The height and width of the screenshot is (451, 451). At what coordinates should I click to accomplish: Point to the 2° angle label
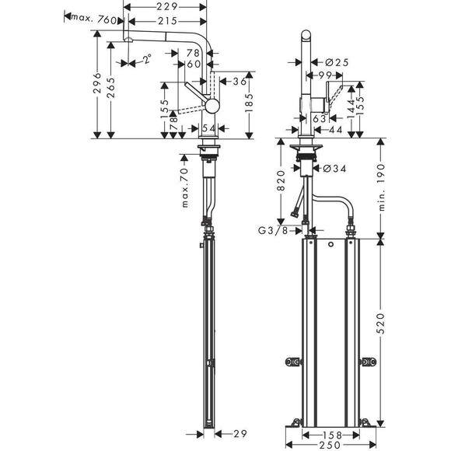(x=145, y=59)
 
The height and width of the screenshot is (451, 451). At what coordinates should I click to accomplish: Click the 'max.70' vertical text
(x=186, y=187)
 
